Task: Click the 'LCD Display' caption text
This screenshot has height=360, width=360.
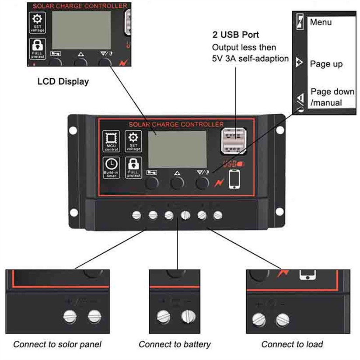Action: tap(63, 81)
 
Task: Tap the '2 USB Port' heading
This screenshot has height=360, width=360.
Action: tap(236, 35)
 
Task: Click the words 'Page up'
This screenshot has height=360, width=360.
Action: tap(326, 64)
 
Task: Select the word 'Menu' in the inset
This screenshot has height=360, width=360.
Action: tap(321, 22)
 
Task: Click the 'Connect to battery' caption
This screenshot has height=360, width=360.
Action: tap(175, 344)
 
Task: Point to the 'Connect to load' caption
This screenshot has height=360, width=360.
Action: tap(292, 344)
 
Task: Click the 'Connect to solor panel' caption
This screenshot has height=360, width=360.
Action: tap(57, 344)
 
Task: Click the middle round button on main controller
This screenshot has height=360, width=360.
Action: tap(177, 183)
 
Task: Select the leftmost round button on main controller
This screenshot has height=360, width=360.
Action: tap(152, 183)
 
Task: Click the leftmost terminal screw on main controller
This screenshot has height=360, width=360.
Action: tap(136, 215)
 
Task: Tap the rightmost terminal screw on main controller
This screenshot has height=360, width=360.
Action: tap(217, 215)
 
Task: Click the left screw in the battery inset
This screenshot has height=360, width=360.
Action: tap(164, 316)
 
